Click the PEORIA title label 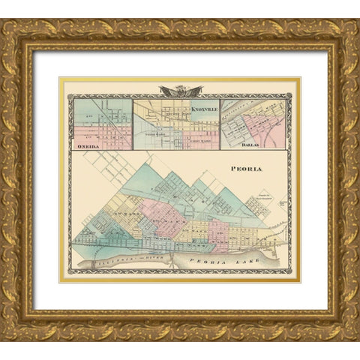click(x=248, y=169)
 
